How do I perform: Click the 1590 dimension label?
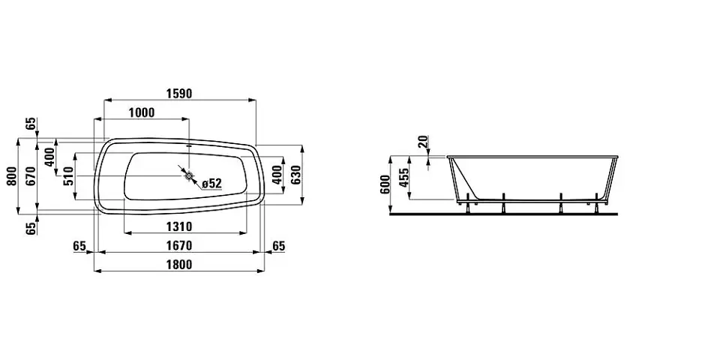pyautogui.click(x=179, y=93)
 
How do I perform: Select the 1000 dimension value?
pyautogui.click(x=142, y=112)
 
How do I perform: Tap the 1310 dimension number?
pyautogui.click(x=178, y=226)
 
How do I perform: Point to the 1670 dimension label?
pyautogui.click(x=178, y=246)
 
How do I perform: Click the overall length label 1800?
pyautogui.click(x=178, y=265)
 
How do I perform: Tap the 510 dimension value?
pyautogui.click(x=68, y=175)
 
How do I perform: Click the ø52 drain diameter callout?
pyautogui.click(x=211, y=184)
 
